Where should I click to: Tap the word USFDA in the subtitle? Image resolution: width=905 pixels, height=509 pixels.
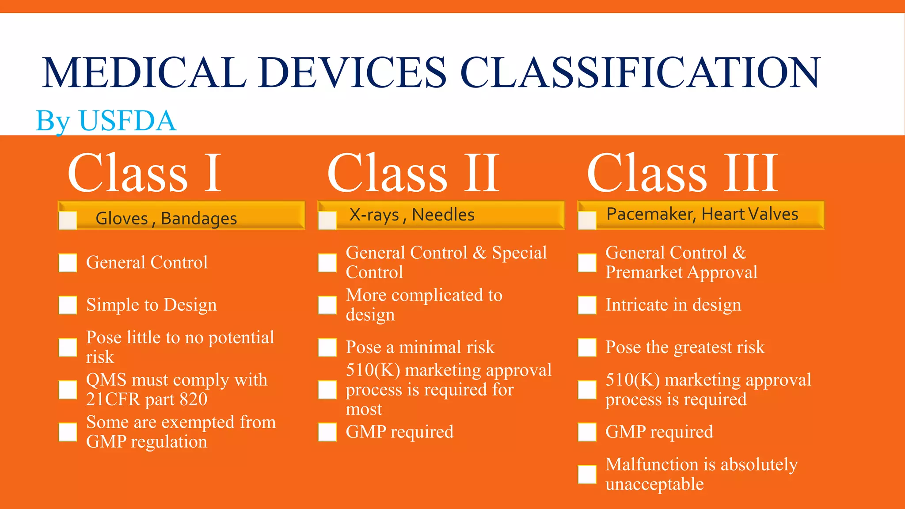127,121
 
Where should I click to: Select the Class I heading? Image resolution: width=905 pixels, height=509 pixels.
144,173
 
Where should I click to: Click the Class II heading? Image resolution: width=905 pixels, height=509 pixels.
413,173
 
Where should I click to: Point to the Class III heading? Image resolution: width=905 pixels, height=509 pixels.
682,173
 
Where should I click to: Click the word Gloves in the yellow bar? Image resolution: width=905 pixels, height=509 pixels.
122,219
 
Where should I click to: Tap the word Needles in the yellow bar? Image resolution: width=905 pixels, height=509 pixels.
443,215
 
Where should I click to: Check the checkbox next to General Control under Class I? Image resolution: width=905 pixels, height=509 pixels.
68,262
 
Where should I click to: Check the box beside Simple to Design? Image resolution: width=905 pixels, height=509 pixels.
68,305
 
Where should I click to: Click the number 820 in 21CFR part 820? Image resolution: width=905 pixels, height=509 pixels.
193,399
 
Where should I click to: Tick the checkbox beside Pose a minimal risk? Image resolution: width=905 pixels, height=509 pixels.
327,347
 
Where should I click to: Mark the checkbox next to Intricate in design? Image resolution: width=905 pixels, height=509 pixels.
587,305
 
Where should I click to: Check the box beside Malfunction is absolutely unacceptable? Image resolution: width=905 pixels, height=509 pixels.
587,475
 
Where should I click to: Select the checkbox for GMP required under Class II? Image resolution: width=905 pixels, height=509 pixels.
327,432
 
